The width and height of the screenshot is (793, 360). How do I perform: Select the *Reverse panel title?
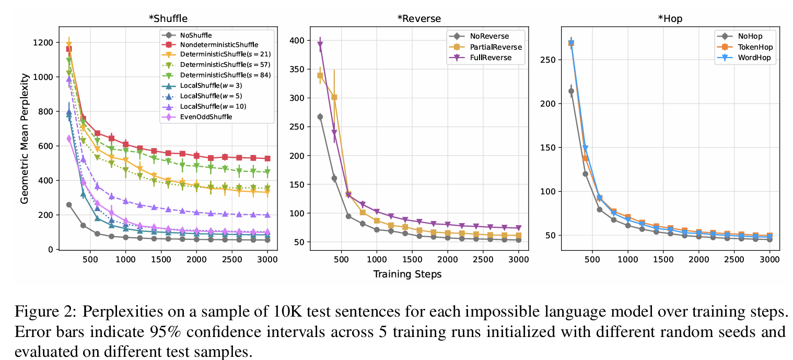tap(419, 19)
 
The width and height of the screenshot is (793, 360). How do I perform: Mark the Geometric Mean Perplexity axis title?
tap(25, 138)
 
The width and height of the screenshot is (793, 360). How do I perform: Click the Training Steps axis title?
tap(407, 274)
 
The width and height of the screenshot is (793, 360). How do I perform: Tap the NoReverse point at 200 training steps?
tap(320, 117)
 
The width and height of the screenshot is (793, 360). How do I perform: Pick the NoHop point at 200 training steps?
tap(571, 91)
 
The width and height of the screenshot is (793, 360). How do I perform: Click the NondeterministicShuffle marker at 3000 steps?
tap(267, 158)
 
